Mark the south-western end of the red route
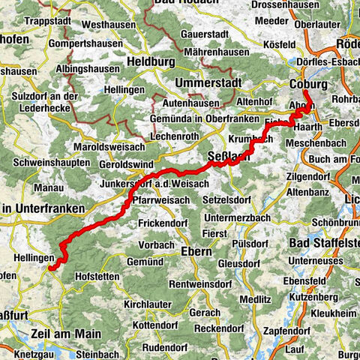[x=50, y=265]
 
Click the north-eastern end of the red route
[x=306, y=93]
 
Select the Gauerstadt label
[x=200, y=34]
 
